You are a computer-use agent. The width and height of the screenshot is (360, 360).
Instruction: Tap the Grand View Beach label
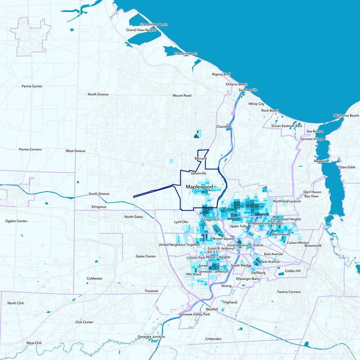click(x=153, y=24)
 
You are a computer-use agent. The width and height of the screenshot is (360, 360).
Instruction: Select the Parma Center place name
click(x=32, y=86)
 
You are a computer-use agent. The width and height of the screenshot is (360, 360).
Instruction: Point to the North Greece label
click(x=98, y=94)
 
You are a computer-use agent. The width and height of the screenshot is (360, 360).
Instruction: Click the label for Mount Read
click(x=182, y=95)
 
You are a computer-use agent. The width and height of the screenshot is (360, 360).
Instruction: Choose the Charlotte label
click(x=224, y=127)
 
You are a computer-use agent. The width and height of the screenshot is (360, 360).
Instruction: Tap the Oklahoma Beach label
click(x=346, y=116)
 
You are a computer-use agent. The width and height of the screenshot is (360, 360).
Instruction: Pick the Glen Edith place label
click(x=347, y=167)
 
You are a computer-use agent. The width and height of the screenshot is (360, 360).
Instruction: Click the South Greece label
click(x=99, y=194)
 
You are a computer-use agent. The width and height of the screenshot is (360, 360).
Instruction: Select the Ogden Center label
click(x=16, y=221)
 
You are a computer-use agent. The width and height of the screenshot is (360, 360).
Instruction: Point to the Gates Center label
click(x=146, y=256)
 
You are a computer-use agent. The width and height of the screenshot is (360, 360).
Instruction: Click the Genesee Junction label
click(x=151, y=337)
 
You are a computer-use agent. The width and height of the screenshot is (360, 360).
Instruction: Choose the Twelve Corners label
click(x=288, y=292)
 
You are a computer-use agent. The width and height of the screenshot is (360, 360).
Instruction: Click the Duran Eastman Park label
click(x=289, y=126)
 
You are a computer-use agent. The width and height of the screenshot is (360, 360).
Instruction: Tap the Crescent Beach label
click(x=186, y=54)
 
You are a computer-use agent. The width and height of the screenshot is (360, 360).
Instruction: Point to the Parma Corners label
click(x=30, y=149)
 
